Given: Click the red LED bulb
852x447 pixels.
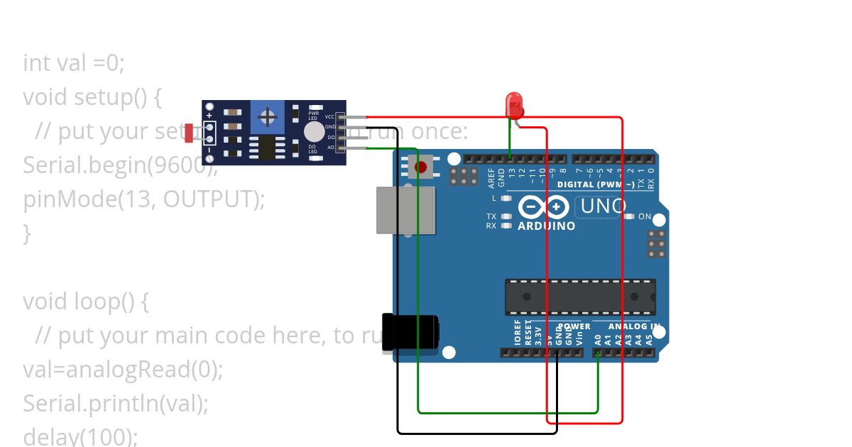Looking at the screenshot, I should point(514,104).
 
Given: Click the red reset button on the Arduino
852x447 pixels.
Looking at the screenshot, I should point(421,167).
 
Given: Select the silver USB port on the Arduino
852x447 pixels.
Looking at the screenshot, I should point(405,210).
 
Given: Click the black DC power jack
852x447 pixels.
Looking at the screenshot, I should point(410,333).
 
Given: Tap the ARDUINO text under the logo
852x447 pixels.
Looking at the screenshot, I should point(546,226).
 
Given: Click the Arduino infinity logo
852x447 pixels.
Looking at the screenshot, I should point(543,207).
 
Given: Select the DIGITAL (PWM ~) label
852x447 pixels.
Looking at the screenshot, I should point(597,184).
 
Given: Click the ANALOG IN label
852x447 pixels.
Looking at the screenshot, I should point(634,327).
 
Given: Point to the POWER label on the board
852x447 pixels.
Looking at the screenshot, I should point(574,327).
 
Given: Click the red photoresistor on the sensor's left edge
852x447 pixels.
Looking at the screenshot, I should point(189,132).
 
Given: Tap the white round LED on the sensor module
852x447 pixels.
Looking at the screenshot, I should point(314,131).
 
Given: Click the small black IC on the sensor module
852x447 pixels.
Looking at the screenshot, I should point(267,148).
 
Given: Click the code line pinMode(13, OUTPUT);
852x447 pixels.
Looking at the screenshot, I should point(143,199).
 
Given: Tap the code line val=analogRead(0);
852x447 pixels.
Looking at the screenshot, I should point(123,369).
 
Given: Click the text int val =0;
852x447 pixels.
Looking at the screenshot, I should point(74,63).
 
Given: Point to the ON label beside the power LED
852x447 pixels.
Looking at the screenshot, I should point(645,216).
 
